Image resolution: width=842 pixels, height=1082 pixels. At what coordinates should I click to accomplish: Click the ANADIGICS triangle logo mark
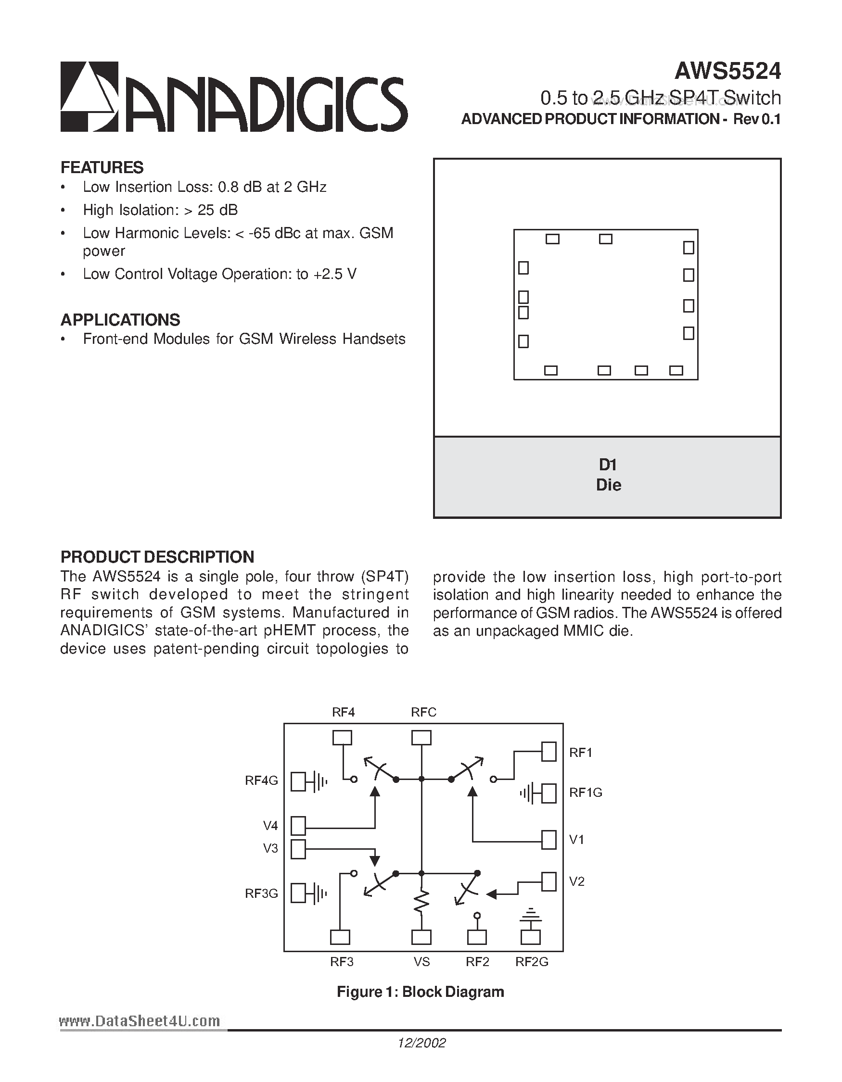(89, 97)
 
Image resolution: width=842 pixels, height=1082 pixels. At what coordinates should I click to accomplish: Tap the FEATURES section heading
(102, 167)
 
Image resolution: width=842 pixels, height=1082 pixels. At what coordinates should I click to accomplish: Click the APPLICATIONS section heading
(120, 320)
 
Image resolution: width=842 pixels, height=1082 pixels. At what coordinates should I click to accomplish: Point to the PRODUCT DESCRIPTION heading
(157, 557)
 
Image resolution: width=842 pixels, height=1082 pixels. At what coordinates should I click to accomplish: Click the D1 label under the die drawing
(608, 465)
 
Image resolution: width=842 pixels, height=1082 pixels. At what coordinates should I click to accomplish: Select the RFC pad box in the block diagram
(421, 738)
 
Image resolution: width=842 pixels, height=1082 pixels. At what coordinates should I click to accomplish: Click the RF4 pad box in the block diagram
(342, 738)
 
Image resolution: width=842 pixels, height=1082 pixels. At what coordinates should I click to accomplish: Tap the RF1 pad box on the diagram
(549, 751)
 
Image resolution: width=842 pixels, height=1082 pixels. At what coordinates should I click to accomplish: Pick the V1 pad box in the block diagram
(549, 839)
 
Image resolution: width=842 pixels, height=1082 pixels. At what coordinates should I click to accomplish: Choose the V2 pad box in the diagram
(549, 881)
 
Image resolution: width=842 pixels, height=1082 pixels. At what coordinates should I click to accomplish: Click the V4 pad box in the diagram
(298, 826)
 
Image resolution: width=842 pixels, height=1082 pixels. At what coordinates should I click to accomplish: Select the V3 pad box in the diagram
(298, 849)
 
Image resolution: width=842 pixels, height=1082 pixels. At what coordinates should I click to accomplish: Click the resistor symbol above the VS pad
(421, 902)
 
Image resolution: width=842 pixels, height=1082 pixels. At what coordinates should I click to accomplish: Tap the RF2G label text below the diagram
(532, 962)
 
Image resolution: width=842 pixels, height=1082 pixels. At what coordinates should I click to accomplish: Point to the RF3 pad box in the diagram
(340, 937)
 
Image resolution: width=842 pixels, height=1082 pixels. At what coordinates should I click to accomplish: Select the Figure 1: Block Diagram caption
(420, 991)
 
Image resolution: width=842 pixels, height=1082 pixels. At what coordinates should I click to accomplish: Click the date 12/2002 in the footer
(421, 1043)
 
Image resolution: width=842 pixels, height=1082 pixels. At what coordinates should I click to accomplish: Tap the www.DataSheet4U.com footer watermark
(139, 1021)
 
